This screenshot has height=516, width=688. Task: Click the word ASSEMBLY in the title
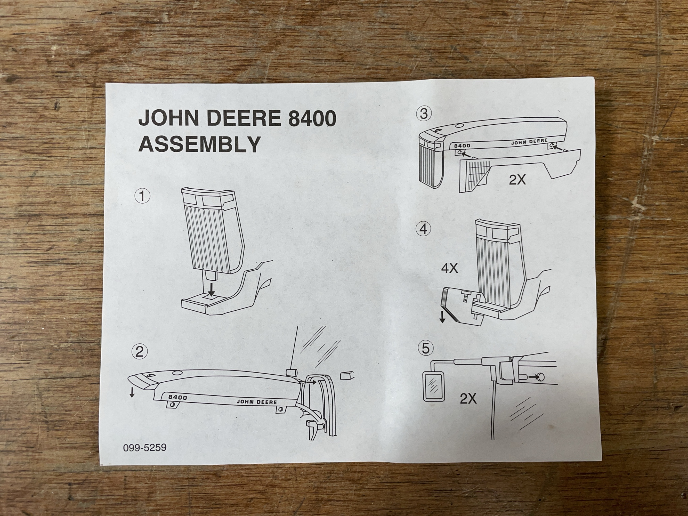[x=199, y=144]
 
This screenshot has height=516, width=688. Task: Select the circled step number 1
[x=142, y=197]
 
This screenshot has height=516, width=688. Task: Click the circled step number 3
[x=424, y=114]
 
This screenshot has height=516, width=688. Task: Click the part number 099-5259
[x=145, y=448]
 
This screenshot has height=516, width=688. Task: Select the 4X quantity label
[x=450, y=268]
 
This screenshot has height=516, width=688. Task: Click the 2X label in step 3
[x=517, y=180]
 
